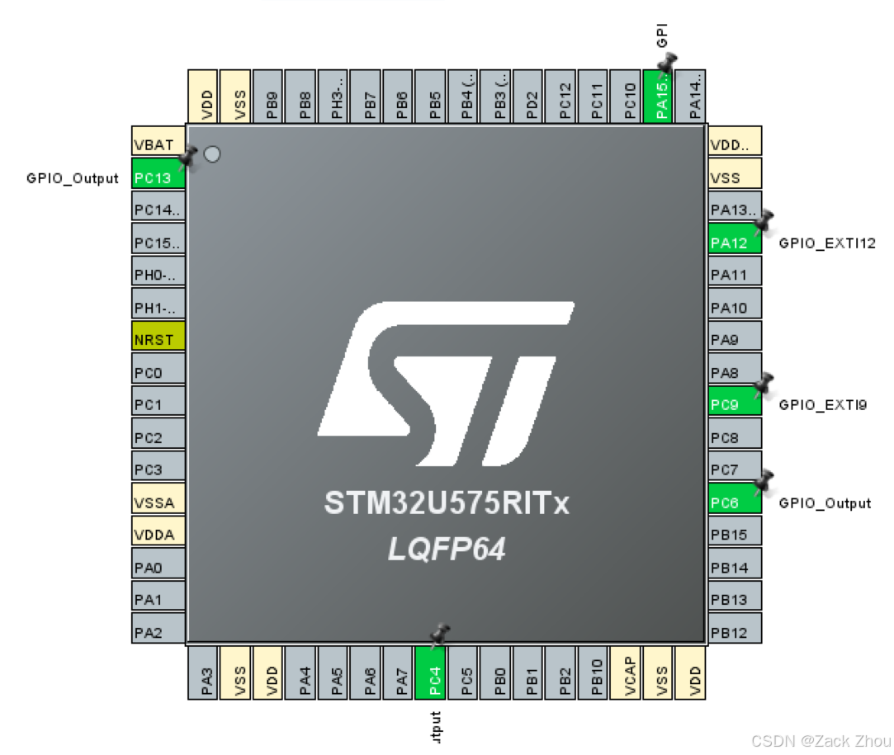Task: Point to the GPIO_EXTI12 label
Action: pyautogui.click(x=826, y=243)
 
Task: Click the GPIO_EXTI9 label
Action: pyautogui.click(x=822, y=405)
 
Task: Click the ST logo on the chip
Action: pyautogui.click(x=446, y=381)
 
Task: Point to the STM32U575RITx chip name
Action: pyautogui.click(x=447, y=503)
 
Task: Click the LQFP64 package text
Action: pyautogui.click(x=447, y=550)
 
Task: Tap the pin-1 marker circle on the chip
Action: pyautogui.click(x=212, y=154)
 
